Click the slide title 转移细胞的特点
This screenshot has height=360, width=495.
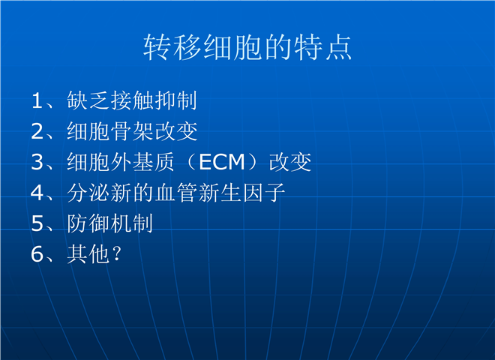pos(247,47)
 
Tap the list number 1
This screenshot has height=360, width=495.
pos(37,100)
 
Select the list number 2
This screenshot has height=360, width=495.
pos(37,131)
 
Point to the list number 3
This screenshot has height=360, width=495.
pos(37,162)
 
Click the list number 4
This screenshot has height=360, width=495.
pos(37,193)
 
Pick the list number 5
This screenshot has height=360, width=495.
pos(37,223)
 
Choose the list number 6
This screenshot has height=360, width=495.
pos(37,254)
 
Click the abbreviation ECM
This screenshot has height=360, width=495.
pos(222,162)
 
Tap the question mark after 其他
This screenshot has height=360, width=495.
pos(117,254)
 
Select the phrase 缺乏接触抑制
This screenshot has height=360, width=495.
pos(132,100)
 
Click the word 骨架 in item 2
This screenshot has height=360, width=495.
pos(132,131)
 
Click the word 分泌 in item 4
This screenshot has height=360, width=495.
pos(88,193)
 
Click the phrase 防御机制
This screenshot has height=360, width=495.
pos(109,223)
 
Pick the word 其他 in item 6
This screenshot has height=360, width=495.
pos(88,254)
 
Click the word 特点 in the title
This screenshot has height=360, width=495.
pos(322,47)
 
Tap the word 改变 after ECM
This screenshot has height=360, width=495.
pos(290,162)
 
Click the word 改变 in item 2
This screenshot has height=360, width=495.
pos(175,131)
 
